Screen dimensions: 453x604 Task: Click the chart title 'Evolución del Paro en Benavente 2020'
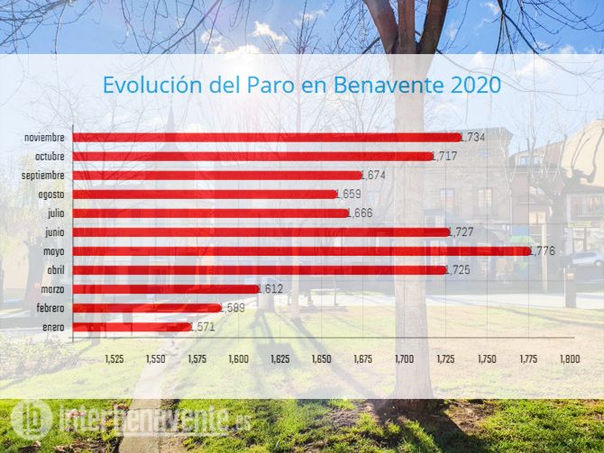point(300,86)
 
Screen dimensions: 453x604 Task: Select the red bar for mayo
point(301,250)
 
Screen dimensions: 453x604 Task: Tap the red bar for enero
point(132,327)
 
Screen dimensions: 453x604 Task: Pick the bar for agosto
point(204,194)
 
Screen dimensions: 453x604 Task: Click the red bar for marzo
point(165,289)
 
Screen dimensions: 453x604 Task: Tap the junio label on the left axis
point(53,231)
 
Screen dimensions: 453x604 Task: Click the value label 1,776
point(543,251)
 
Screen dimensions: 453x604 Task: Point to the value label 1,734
point(472,138)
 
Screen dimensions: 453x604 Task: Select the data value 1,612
point(270,289)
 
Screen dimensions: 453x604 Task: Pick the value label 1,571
point(203,328)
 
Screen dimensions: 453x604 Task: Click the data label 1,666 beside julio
point(360,213)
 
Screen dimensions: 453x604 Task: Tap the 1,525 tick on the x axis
point(114,358)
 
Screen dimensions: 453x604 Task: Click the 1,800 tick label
point(570,358)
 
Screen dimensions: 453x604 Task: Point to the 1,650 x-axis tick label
point(321,358)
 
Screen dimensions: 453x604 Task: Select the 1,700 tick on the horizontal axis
point(404,358)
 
